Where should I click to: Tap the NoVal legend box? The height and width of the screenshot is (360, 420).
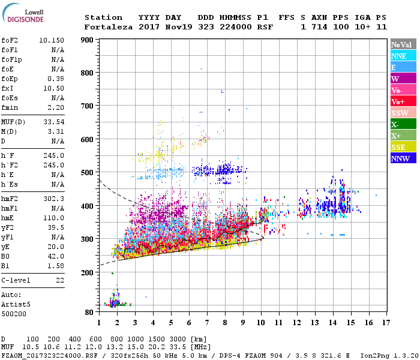click(402, 44)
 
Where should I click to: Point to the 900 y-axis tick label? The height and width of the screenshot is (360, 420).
click(87, 40)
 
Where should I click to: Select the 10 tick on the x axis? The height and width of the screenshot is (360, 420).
click(261, 323)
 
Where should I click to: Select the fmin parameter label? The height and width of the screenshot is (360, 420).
click(10, 107)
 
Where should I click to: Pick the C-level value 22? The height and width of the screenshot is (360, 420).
click(60, 280)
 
